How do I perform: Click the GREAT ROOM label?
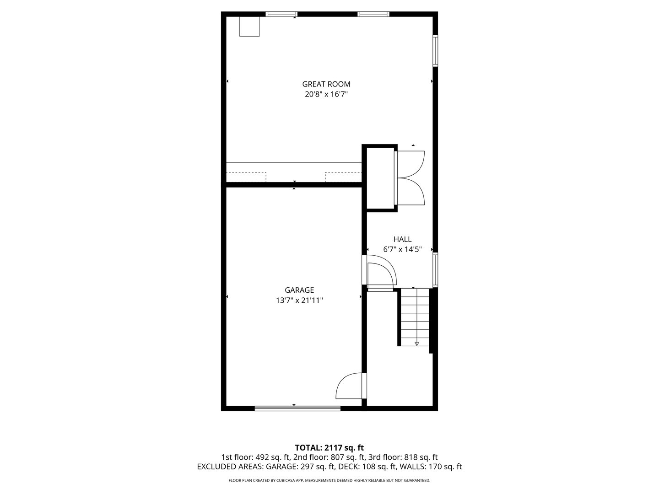coord(326,84)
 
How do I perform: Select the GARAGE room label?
coord(299,290)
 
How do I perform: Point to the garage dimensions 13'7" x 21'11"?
coord(299,301)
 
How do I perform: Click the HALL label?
coord(402,239)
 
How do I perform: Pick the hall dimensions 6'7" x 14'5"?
coord(402,250)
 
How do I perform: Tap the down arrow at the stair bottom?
coord(416,343)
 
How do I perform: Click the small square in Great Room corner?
coord(250,27)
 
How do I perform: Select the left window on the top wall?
coord(282,14)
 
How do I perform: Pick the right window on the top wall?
coord(373,14)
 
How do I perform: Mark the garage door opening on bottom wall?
coord(297,408)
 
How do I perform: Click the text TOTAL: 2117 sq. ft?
coord(329,447)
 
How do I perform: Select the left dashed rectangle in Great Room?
coord(246,177)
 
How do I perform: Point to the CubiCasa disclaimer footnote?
coord(329,481)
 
